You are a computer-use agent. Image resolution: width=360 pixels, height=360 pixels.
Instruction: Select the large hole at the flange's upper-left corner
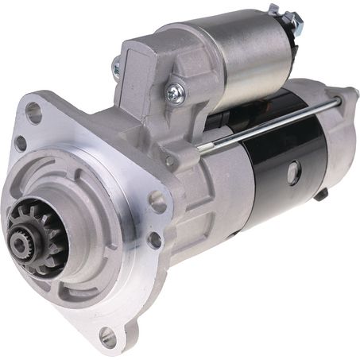[x=33, y=112]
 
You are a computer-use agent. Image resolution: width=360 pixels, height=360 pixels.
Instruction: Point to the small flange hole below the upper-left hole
[x=21, y=143]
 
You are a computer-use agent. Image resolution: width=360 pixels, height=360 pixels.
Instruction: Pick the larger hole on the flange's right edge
[x=158, y=202]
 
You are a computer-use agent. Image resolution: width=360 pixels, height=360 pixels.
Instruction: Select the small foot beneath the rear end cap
[x=320, y=193]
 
